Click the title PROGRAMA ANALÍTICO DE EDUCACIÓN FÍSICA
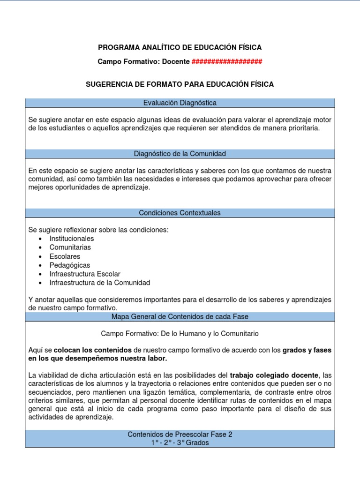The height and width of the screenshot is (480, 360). [x=180, y=47]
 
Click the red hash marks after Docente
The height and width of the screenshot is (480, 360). [x=227, y=62]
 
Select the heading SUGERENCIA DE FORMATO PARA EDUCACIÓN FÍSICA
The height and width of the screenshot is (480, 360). [x=180, y=84]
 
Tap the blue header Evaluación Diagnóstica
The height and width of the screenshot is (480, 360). [x=180, y=103]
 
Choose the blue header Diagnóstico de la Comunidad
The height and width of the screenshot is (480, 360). [x=180, y=153]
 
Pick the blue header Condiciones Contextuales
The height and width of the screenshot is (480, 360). [x=180, y=213]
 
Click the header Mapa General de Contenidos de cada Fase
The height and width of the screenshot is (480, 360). [x=180, y=316]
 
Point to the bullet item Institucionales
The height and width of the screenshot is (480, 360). [x=71, y=239]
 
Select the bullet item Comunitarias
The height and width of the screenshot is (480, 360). [x=70, y=247]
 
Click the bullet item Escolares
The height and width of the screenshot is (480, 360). [x=65, y=256]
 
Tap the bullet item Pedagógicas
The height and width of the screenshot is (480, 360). [x=69, y=265]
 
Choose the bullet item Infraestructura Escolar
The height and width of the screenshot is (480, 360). [x=85, y=274]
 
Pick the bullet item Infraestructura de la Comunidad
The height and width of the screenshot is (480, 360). [x=99, y=283]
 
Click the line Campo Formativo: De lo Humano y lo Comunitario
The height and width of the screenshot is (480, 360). [x=180, y=334]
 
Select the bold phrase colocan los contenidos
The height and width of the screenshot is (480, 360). [x=93, y=350]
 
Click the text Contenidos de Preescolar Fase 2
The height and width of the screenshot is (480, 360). [x=180, y=435]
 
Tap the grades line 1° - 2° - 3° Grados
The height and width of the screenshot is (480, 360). [x=180, y=442]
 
